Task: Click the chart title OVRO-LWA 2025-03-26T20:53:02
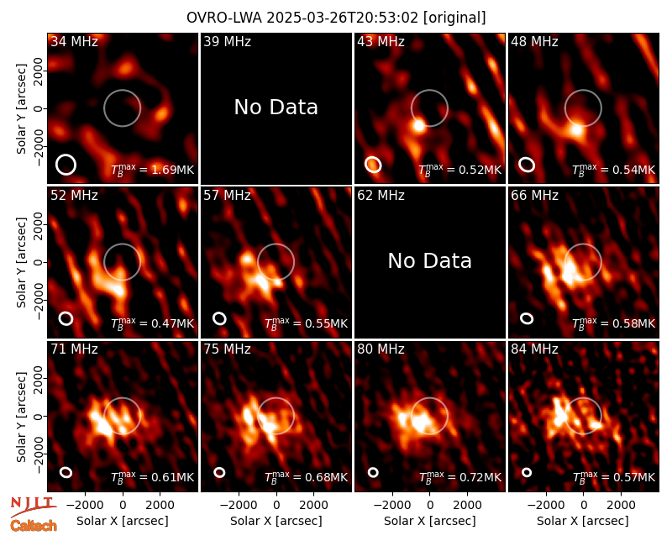303,18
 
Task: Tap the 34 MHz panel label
74,41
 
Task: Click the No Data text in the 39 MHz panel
276,107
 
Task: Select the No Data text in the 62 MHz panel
430,260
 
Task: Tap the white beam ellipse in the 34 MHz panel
66,165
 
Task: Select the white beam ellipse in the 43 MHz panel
373,165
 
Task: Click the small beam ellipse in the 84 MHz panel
527,472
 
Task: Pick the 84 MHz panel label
534,349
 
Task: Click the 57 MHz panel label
227,196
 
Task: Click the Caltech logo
34,526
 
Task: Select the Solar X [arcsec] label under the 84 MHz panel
583,521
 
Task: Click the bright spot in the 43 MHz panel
418,125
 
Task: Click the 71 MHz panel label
74,349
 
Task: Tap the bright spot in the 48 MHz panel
577,129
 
